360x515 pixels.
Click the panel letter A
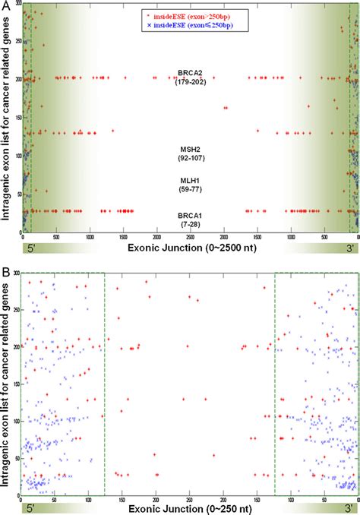click(x=5, y=7)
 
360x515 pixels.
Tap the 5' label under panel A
click(x=31, y=248)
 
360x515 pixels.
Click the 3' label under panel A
click(x=349, y=248)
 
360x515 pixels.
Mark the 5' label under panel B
click(x=31, y=505)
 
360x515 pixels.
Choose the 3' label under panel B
click(x=349, y=505)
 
